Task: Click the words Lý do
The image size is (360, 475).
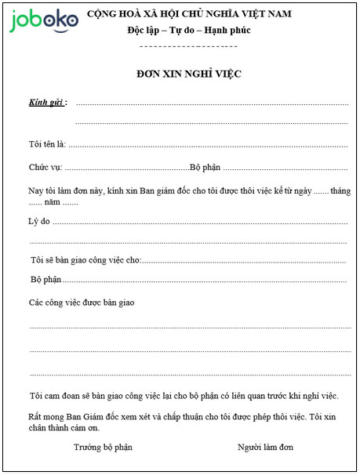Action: [x=39, y=221]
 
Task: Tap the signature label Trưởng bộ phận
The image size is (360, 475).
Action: [x=104, y=447]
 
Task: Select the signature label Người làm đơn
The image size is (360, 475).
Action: [x=265, y=447]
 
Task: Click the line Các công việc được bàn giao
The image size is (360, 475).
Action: [x=82, y=303]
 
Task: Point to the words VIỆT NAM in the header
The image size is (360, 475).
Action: [x=259, y=14]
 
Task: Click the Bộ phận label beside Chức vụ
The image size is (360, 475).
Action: [x=206, y=168]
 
